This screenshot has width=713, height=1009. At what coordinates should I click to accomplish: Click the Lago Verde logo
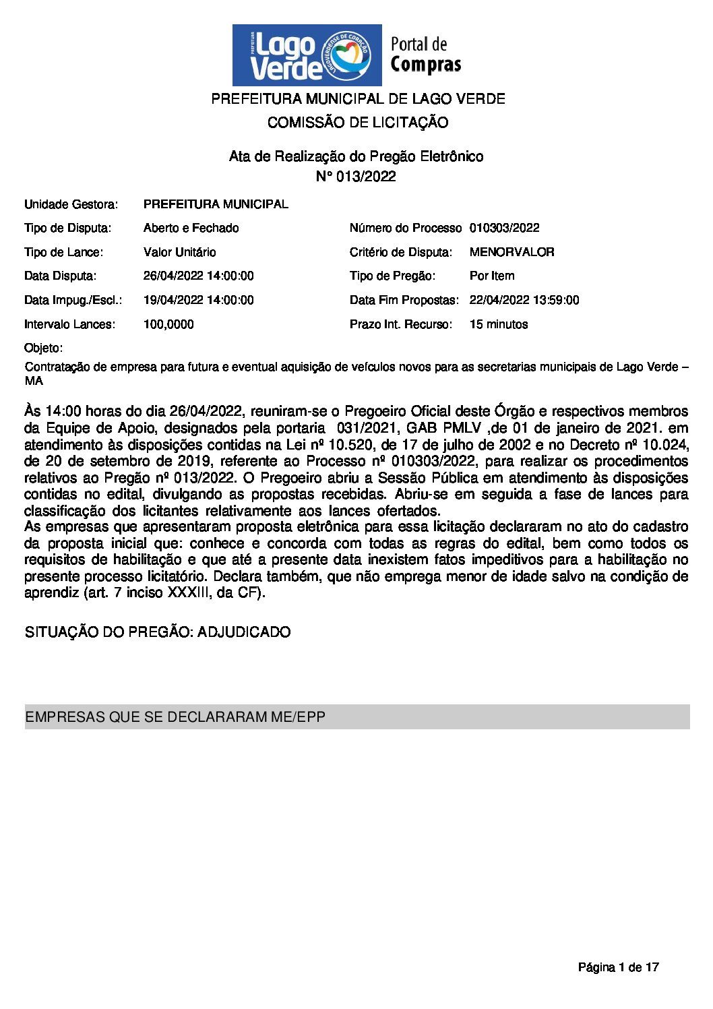pos(307,55)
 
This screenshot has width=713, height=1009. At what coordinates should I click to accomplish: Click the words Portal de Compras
pos(425,55)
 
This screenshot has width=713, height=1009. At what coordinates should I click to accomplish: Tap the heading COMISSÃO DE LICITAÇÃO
pos(357,123)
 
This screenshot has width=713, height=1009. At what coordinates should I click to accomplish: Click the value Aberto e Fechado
pos(191,228)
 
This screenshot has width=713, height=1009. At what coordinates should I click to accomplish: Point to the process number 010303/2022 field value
pos(504,228)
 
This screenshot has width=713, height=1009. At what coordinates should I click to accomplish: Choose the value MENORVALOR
pos(511,252)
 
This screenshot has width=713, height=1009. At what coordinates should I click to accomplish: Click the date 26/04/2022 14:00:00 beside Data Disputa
pos(198,276)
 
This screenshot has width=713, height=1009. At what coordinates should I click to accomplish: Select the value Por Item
pos(491,276)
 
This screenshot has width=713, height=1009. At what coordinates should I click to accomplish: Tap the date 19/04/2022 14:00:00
pos(198,300)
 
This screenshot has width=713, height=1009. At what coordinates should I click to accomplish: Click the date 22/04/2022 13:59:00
pos(524,300)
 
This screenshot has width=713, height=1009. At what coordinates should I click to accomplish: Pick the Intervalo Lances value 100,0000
pos(168,324)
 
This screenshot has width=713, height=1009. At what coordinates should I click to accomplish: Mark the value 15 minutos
pos(498,324)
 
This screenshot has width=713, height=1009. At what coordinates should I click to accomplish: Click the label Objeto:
pos(43,348)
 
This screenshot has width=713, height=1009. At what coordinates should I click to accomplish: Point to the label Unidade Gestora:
pos(71,204)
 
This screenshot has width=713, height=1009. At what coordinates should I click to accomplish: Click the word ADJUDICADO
pos(244,632)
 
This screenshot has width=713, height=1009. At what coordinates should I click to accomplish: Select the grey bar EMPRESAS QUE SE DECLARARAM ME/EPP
pos(357,716)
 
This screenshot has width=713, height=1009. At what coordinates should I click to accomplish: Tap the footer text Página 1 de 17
pos(618,967)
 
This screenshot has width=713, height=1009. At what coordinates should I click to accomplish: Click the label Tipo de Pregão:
pos(392,276)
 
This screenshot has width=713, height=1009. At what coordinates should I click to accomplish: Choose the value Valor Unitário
pos(179,252)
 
